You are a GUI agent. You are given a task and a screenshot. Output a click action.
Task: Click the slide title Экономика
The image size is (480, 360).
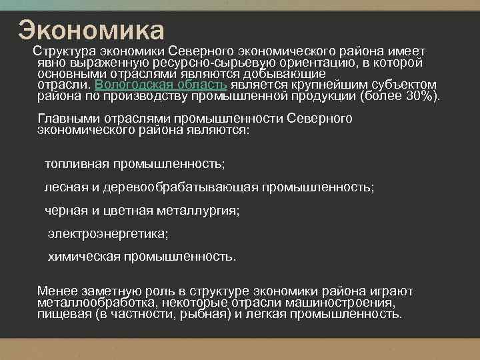pyautogui.click(x=91, y=29)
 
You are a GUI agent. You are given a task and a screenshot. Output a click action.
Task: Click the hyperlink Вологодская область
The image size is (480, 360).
pyautogui.click(x=162, y=85)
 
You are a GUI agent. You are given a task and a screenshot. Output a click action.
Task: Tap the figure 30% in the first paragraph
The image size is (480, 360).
pyautogui.click(x=418, y=96)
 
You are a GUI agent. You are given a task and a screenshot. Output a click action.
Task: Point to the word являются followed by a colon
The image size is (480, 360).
pyautogui.click(x=223, y=131)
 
